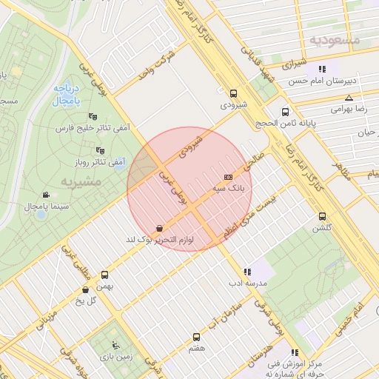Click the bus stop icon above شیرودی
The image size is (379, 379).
[234, 93]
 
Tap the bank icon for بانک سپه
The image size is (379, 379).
[227, 177]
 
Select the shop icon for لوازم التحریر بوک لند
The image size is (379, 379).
[160, 229]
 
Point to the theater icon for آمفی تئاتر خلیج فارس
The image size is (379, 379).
[93, 116]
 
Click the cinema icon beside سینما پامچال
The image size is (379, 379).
[47, 195]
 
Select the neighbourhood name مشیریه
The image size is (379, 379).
[58, 181]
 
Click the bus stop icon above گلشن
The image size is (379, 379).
[321, 216]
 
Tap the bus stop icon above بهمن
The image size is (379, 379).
[104, 274]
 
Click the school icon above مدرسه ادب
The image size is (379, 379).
[246, 272]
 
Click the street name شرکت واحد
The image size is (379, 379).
[157, 66]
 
